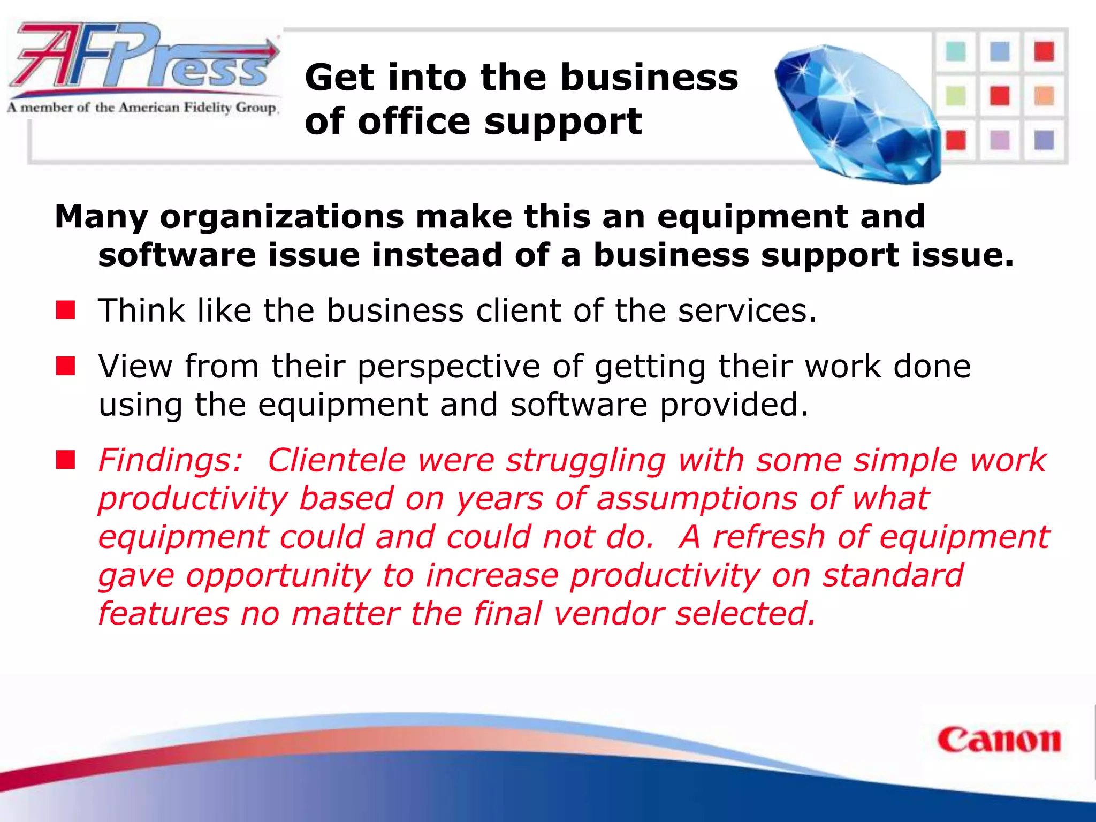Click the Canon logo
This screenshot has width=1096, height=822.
coord(999,740)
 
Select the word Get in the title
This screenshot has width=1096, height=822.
coord(339,78)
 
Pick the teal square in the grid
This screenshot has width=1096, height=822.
coord(956,52)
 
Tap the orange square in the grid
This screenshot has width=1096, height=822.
coord(1044,96)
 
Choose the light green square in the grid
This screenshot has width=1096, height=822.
coord(956,96)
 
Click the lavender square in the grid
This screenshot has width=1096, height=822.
coord(1000,140)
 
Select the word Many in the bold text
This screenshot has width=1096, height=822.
coord(101,217)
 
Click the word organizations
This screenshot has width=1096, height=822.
coord(282,217)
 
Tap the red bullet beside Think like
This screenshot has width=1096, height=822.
coord(65,310)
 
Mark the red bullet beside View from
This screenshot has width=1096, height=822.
coord(65,367)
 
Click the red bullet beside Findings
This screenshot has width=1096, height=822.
coord(65,460)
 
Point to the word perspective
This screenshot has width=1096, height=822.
coord(448,368)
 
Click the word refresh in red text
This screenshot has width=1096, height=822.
coord(768,537)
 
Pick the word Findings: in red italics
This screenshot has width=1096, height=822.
coord(171,460)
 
